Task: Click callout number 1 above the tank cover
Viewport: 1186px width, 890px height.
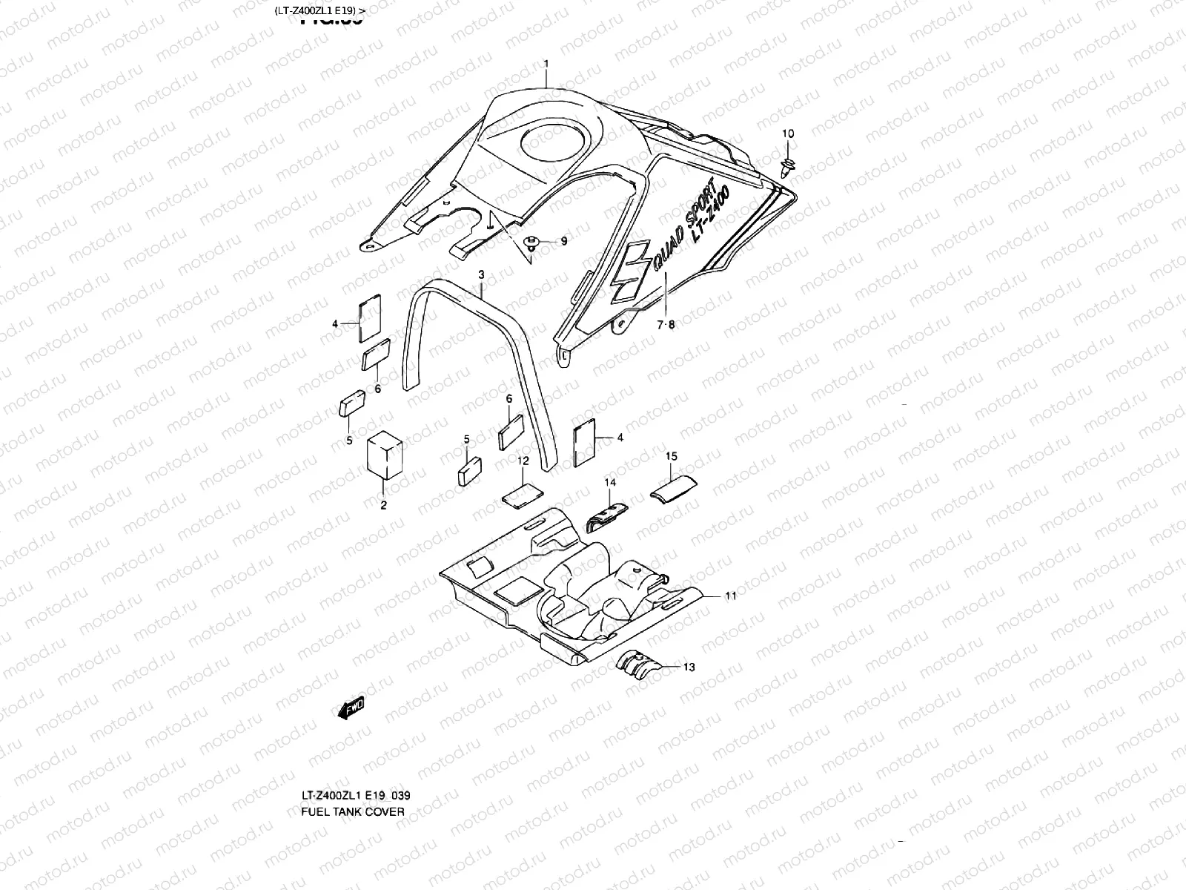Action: pyautogui.click(x=546, y=65)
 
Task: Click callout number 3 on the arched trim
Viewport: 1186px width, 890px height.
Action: pyautogui.click(x=481, y=275)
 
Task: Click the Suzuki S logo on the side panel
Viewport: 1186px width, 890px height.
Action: pyautogui.click(x=631, y=271)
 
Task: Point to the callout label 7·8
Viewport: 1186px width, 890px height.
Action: pyautogui.click(x=666, y=323)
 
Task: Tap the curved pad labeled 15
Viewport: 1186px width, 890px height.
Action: pyautogui.click(x=673, y=489)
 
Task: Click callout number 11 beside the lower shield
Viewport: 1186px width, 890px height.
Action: pyautogui.click(x=730, y=596)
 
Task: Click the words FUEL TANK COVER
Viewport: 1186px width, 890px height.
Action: pyautogui.click(x=352, y=811)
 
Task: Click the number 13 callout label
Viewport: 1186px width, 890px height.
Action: pyautogui.click(x=689, y=667)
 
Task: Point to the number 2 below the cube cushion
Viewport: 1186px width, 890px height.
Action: pyautogui.click(x=383, y=506)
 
